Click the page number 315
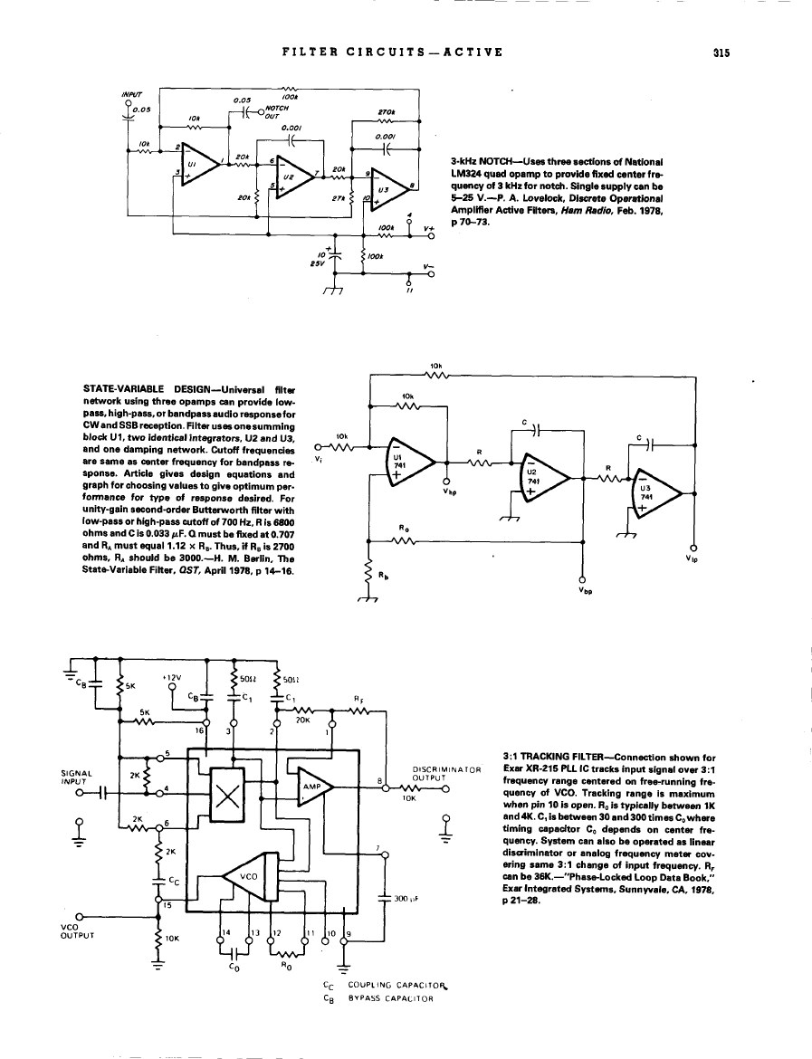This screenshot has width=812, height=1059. pyautogui.click(x=721, y=52)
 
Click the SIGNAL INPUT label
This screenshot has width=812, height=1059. pyautogui.click(x=72, y=778)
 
